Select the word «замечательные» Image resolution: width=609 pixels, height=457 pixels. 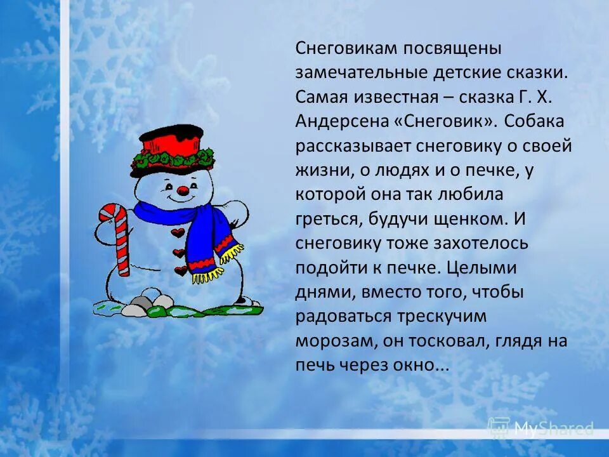click(x=360, y=72)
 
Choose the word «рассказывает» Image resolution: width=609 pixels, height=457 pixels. click(x=353, y=145)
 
